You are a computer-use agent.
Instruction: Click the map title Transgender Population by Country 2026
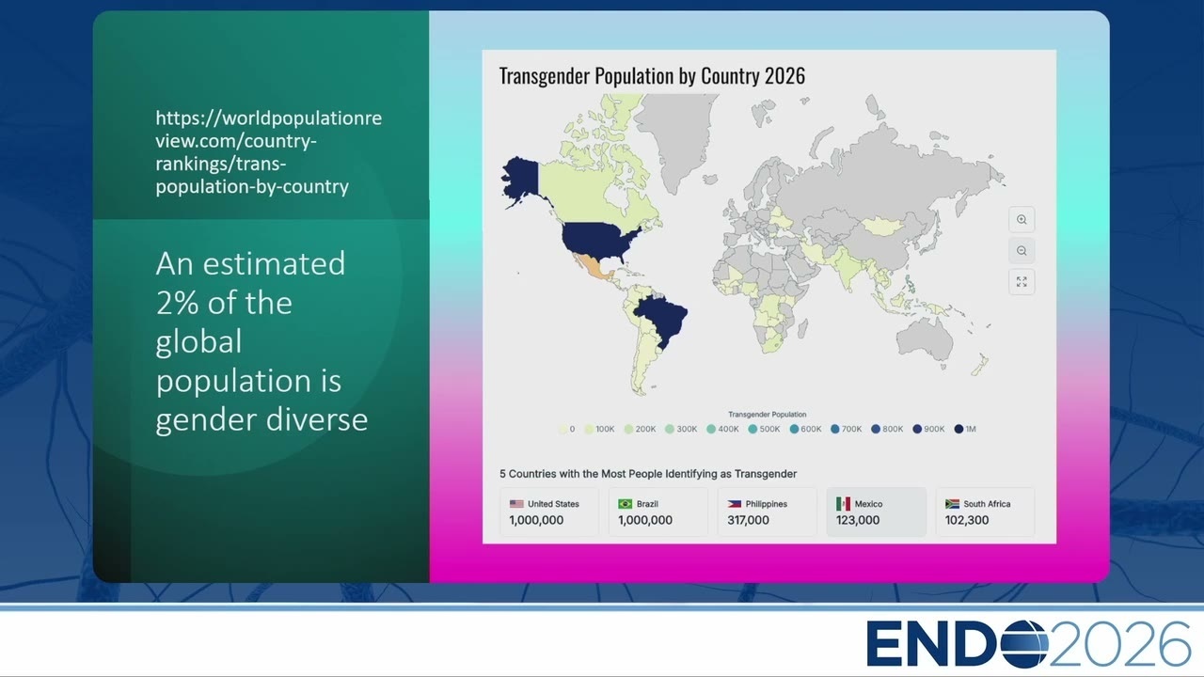point(652,76)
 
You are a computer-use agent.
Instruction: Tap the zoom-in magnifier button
point(1022,220)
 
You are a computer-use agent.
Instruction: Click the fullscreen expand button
point(1022,281)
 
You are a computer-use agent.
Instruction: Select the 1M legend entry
point(965,429)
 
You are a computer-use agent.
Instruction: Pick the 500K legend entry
point(764,429)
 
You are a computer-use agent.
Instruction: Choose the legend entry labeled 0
point(567,429)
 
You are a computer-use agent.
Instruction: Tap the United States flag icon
point(516,504)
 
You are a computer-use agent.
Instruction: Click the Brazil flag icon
point(626,504)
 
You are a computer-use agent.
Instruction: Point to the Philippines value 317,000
point(748,520)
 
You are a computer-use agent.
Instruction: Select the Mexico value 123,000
point(858,520)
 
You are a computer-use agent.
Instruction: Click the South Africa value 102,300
point(967,520)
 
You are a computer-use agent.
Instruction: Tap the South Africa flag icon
point(953,504)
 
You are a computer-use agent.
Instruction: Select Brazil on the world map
point(661,318)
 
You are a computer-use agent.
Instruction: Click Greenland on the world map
point(678,134)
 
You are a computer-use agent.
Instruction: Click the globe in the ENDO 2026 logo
point(1023,643)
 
